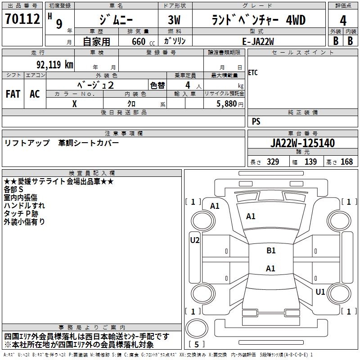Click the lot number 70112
22,19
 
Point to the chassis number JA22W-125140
302,144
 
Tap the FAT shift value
13,94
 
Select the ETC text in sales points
253,73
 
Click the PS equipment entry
256,121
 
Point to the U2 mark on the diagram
195,240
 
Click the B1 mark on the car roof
271,251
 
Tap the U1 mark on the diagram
320,292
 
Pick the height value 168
346,162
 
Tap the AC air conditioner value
35,94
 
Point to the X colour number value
74,103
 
